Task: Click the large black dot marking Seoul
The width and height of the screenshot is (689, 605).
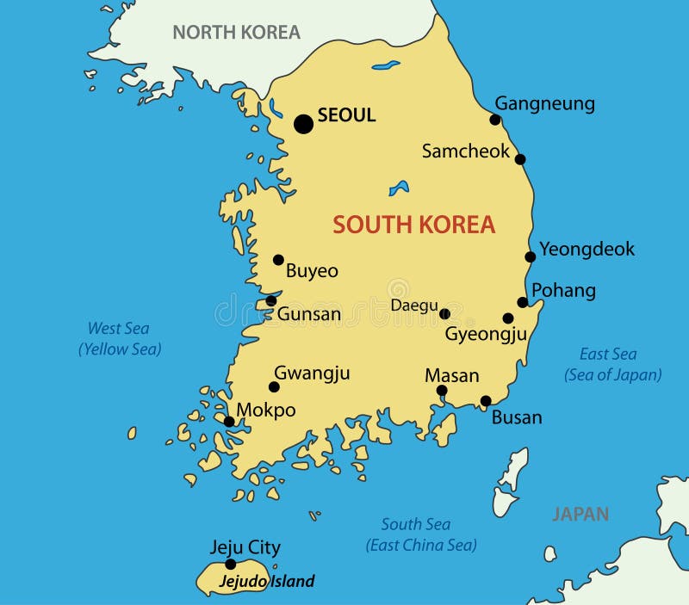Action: (x=303, y=124)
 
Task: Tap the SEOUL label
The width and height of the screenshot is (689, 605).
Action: (x=346, y=114)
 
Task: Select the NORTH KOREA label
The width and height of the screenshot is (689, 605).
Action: (x=236, y=33)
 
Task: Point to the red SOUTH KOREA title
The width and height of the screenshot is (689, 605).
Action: (x=413, y=225)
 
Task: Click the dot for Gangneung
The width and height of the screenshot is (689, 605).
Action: (x=495, y=120)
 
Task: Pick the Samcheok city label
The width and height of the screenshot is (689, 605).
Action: (x=465, y=151)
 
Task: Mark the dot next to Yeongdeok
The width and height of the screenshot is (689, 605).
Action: (x=531, y=256)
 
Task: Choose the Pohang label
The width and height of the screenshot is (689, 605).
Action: (x=563, y=290)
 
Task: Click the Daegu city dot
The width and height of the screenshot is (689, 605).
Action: (x=444, y=313)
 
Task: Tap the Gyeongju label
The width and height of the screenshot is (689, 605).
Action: (x=485, y=334)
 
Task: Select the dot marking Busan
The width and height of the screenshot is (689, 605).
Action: (x=486, y=400)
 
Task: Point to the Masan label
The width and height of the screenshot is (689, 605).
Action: (x=451, y=376)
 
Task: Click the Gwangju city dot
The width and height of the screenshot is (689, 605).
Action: (x=274, y=386)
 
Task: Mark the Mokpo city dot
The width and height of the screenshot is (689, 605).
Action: (x=229, y=421)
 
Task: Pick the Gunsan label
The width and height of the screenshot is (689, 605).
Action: (x=308, y=314)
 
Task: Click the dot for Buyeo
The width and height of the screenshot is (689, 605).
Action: (x=278, y=259)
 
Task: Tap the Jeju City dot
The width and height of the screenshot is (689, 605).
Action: (x=230, y=564)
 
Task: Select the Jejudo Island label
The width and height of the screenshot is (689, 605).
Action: (x=266, y=581)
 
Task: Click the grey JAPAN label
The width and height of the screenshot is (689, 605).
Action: (x=580, y=515)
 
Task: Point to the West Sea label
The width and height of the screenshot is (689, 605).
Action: (x=119, y=328)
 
